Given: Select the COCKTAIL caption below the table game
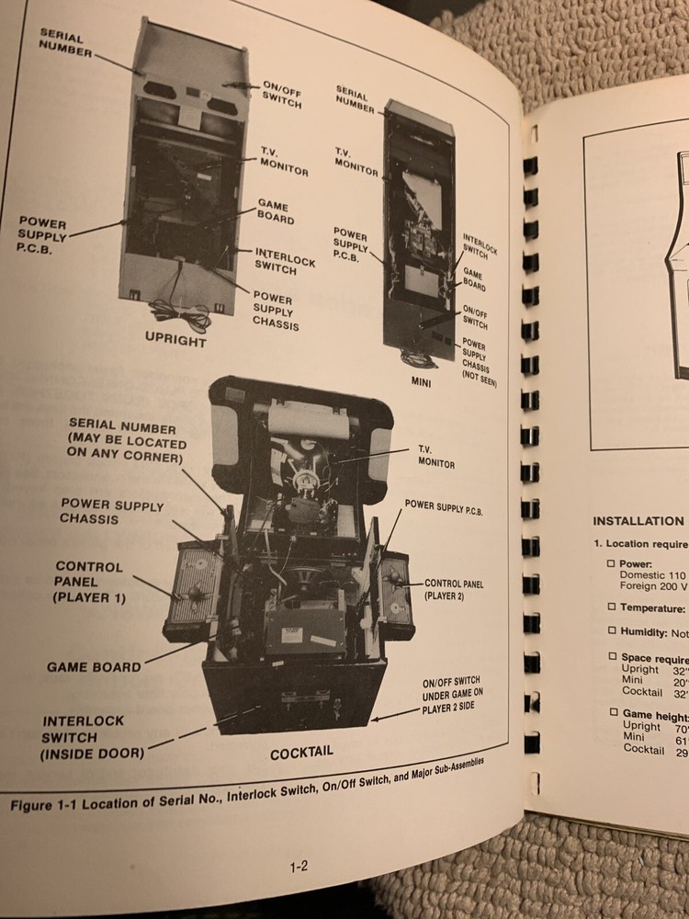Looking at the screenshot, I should click(300, 753).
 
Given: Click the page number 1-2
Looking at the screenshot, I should click(298, 865).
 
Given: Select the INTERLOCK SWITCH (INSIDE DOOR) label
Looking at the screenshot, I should click(82, 737).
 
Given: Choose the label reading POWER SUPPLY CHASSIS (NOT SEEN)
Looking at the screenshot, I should click(479, 362).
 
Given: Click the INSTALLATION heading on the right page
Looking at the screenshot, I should click(638, 520).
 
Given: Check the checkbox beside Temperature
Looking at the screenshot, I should click(611, 607).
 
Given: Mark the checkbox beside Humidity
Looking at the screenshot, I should click(611, 630).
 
